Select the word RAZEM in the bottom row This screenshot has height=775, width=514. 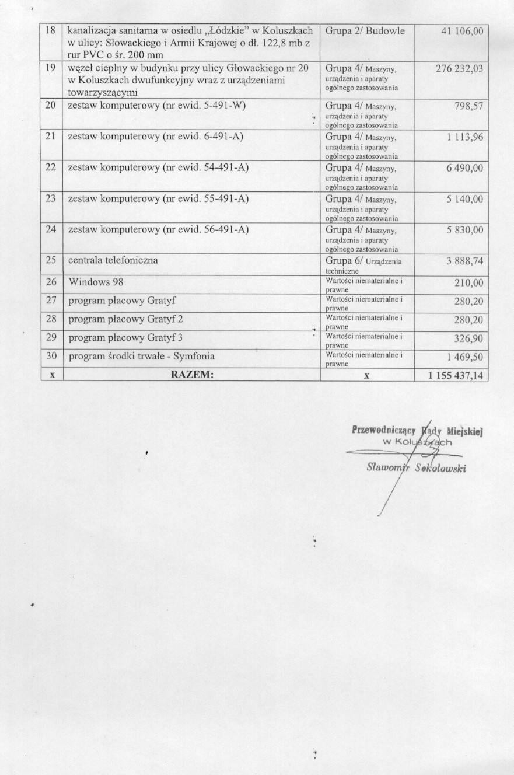pyautogui.click(x=192, y=376)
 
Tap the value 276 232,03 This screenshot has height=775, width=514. pyautogui.click(x=460, y=69)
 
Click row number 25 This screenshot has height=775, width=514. pyautogui.click(x=51, y=261)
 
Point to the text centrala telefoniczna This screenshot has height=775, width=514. pyautogui.click(x=113, y=261)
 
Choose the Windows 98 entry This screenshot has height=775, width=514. pyautogui.click(x=96, y=282)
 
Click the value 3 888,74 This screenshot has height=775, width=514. pyautogui.click(x=465, y=261)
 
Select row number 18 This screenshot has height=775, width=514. pyautogui.click(x=51, y=30)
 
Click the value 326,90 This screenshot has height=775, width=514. pyautogui.click(x=468, y=338)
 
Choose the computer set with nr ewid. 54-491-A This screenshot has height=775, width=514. pyautogui.click(x=158, y=167)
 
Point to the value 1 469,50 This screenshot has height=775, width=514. pyautogui.click(x=465, y=357)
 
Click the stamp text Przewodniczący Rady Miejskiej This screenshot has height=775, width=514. pyautogui.click(x=419, y=431)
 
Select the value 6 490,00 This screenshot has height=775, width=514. pyautogui.click(x=465, y=168)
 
